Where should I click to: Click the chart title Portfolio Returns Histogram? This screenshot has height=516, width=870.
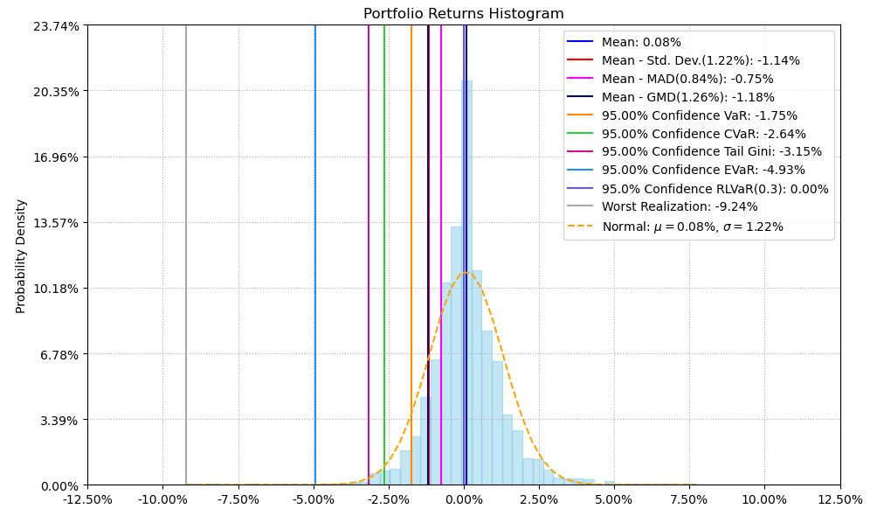[463, 14]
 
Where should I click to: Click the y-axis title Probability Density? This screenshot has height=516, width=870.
[21, 255]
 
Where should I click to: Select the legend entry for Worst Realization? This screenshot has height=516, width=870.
[680, 207]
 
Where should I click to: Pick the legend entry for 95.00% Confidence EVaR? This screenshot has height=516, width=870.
[703, 171]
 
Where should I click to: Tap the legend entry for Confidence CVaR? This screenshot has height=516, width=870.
[703, 134]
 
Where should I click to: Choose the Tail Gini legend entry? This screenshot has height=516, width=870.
[712, 152]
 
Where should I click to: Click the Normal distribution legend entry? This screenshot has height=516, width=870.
[693, 227]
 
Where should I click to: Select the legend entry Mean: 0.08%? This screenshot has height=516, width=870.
[641, 42]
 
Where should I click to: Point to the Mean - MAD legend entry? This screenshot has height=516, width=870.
[687, 79]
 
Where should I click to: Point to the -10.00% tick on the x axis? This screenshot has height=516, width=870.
[162, 500]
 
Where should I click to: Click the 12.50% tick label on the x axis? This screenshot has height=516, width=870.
[840, 500]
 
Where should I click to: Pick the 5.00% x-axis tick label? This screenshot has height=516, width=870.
[614, 500]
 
